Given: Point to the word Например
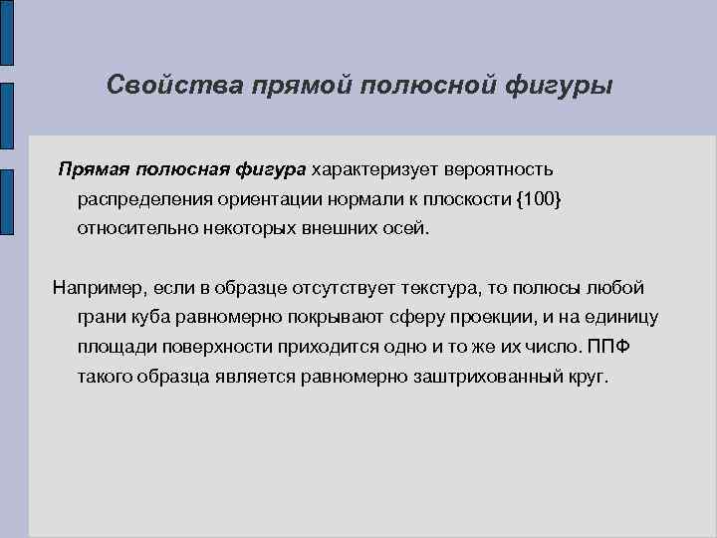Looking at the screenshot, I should pyautogui.click(x=98, y=288).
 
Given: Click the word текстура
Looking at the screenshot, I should pyautogui.click(x=437, y=288).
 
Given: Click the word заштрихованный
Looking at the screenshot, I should pyautogui.click(x=449, y=378).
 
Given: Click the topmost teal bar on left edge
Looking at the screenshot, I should pyautogui.click(x=6, y=32).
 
